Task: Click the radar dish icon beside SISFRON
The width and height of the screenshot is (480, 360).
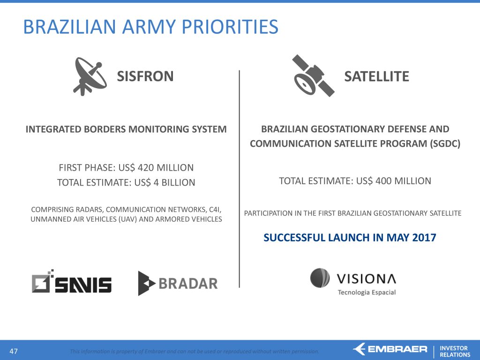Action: click(x=90, y=76)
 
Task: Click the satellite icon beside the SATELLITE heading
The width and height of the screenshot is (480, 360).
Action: click(x=313, y=75)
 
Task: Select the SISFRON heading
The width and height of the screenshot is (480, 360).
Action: click(x=145, y=76)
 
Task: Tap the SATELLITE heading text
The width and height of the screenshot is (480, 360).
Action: click(x=376, y=76)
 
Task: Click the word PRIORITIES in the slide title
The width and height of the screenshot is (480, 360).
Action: click(x=230, y=27)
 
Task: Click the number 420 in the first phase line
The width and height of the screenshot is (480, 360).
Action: click(x=146, y=167)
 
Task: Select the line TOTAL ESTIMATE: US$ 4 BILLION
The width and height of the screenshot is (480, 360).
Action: click(x=126, y=182)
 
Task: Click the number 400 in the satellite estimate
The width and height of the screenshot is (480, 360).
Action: click(x=383, y=181)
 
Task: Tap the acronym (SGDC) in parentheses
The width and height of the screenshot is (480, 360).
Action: click(x=445, y=143)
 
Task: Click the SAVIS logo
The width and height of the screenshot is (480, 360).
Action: click(x=72, y=281)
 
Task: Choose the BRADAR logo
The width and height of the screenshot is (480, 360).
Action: click(x=178, y=283)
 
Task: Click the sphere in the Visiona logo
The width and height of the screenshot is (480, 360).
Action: click(x=320, y=278)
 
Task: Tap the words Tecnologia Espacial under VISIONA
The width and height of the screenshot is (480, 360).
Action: click(x=367, y=292)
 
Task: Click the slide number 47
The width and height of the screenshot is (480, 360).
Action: click(x=14, y=351)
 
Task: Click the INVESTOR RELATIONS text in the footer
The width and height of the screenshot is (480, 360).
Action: click(x=455, y=352)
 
